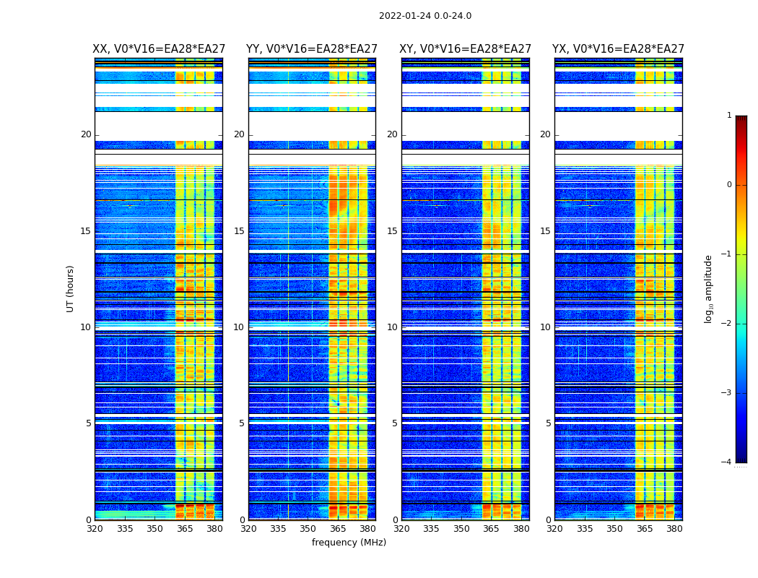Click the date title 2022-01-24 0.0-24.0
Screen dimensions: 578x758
pos(425,16)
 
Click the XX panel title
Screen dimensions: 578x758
pos(158,49)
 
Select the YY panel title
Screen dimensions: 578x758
pos(312,49)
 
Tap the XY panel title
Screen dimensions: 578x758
pos(465,49)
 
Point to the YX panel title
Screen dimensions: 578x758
pos(618,49)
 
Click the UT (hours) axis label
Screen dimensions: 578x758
pos(70,288)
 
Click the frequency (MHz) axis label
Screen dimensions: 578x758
pos(349,543)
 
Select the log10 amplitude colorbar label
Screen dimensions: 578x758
pos(709,288)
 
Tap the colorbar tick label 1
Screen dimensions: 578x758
pos(729,116)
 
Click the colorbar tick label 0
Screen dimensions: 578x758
pos(729,185)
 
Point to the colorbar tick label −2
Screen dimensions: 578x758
pos(728,324)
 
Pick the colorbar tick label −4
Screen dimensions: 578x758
pos(728,462)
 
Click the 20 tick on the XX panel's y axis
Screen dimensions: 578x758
pos(86,134)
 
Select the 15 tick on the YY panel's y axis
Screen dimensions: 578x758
pos(239,231)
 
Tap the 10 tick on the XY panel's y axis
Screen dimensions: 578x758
pos(392,327)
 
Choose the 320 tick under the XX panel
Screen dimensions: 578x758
pos(95,528)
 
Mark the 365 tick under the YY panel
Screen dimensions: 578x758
pos(338,528)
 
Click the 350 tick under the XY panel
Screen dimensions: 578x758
pos(461,528)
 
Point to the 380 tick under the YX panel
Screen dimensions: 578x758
pos(674,528)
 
